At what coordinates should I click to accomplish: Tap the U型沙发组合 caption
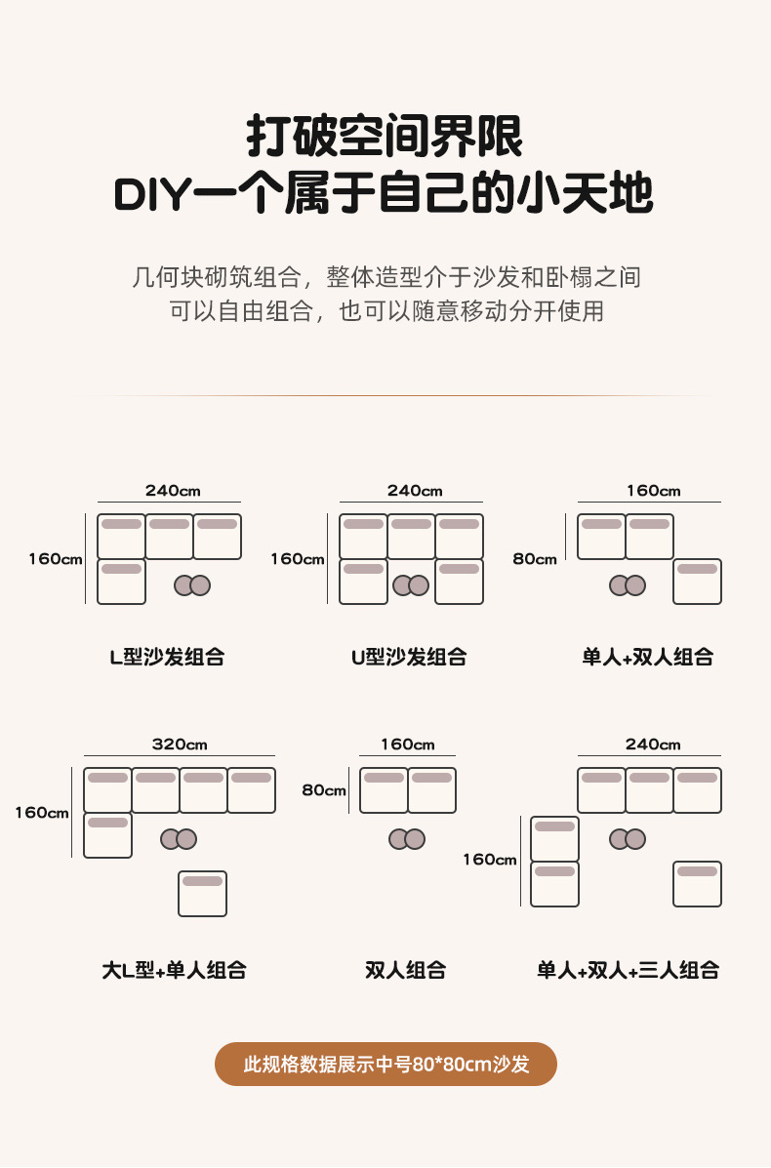[x=408, y=657]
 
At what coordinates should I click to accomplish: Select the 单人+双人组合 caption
[x=648, y=657]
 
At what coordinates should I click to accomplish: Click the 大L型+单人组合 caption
[x=174, y=970]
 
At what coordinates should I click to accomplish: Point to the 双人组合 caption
[x=406, y=970]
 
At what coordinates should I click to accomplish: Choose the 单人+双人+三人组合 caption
[x=628, y=970]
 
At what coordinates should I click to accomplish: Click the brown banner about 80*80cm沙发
[x=385, y=1064]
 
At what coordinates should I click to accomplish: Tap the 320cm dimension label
[x=180, y=745]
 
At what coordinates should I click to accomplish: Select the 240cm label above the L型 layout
[x=173, y=491]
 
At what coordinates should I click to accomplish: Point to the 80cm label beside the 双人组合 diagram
[x=324, y=790]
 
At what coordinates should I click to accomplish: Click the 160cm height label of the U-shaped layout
[x=298, y=559]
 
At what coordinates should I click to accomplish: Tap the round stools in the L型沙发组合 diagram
[x=192, y=584]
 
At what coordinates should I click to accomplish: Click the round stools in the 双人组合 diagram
[x=406, y=838]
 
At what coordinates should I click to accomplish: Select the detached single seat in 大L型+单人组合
[x=202, y=893]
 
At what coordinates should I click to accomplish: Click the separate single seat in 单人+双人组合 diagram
[x=697, y=581]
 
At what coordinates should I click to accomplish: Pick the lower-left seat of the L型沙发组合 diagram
[x=121, y=581]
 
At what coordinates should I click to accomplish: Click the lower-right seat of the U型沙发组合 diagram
[x=459, y=581]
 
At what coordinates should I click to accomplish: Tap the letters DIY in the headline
[x=148, y=194]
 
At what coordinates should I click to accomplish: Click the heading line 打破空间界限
[x=385, y=137]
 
